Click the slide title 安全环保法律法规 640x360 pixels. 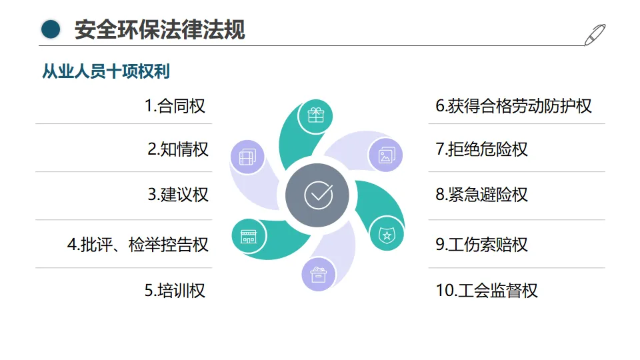click(x=159, y=30)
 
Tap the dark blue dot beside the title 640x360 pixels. click(x=51, y=29)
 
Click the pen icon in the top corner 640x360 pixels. click(x=595, y=34)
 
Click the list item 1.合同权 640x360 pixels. click(x=175, y=106)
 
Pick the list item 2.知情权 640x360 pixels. click(x=177, y=149)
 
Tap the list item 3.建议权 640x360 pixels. click(x=177, y=195)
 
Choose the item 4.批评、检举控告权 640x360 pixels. click(x=137, y=245)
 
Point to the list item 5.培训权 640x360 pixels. click(x=175, y=291)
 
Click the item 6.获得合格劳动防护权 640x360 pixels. click(x=513, y=106)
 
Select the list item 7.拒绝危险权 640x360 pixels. click(x=481, y=149)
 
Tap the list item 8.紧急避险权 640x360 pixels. click(x=481, y=195)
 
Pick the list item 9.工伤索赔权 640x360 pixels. click(x=481, y=245)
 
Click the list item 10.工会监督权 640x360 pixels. click(x=486, y=291)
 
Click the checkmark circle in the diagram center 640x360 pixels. click(x=318, y=195)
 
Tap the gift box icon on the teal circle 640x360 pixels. click(x=315, y=115)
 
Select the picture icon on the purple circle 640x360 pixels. click(x=386, y=156)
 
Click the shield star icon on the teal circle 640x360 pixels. click(x=386, y=234)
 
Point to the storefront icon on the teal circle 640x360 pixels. click(x=248, y=235)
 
